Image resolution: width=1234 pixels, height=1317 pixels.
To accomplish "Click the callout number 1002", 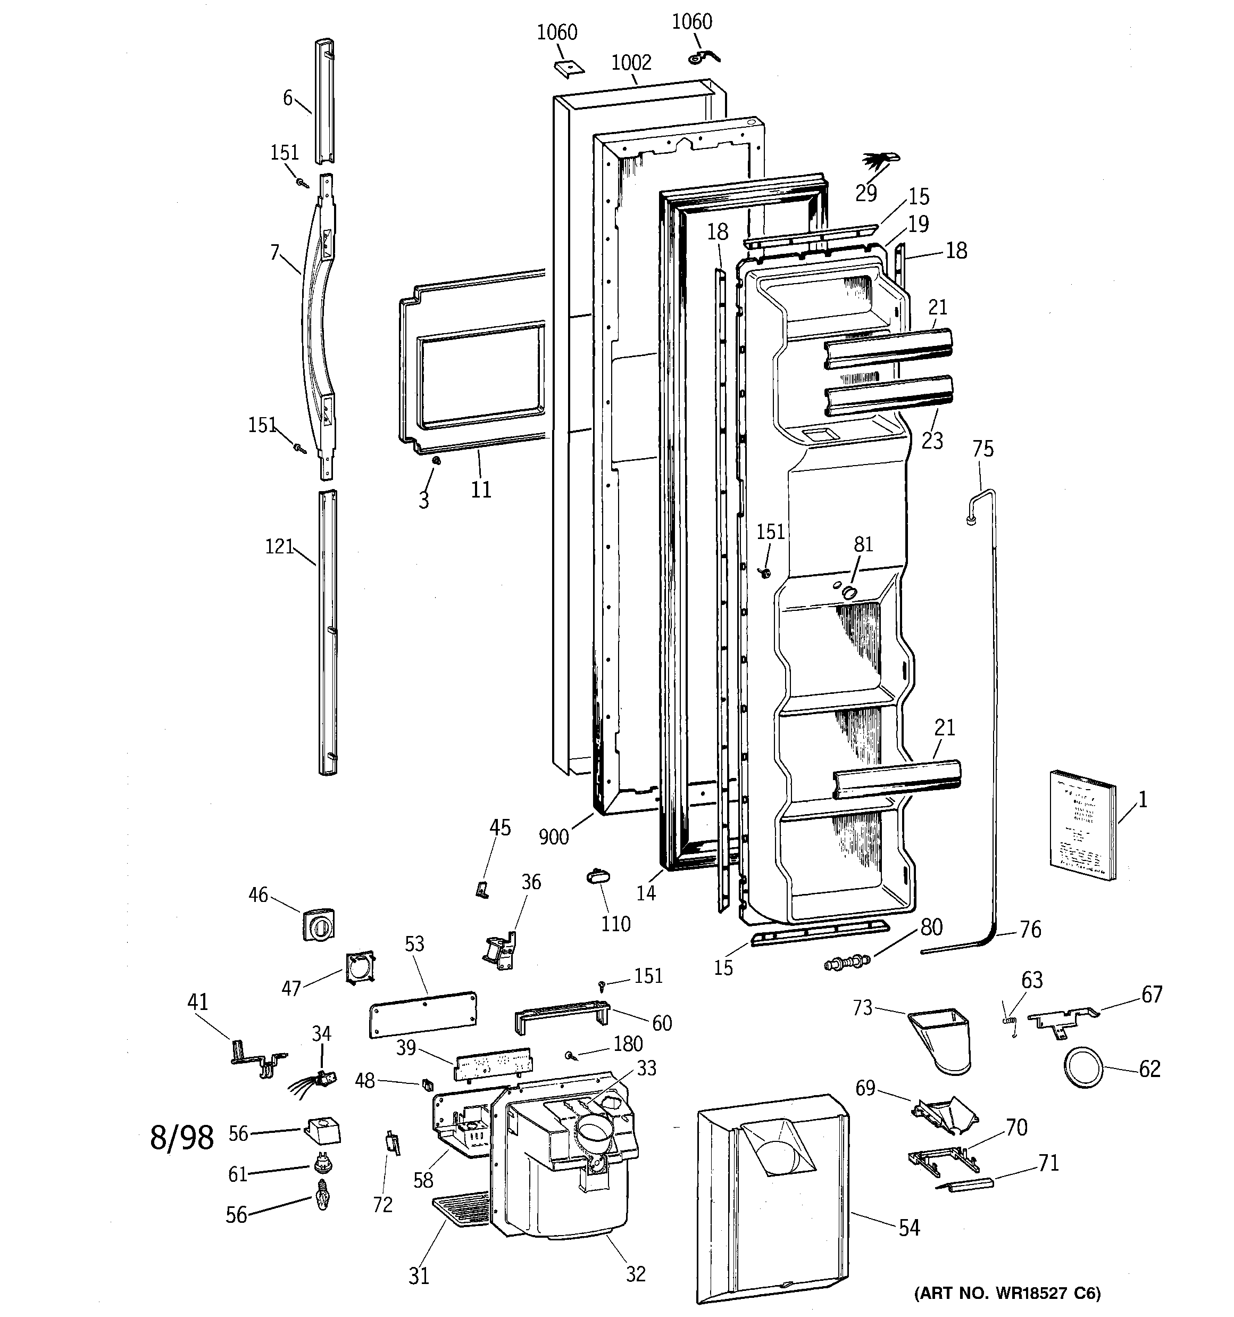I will pyautogui.click(x=631, y=63).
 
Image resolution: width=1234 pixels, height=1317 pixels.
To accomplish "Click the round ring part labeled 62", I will pyautogui.click(x=1083, y=1068).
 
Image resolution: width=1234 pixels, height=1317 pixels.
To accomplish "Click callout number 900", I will pyautogui.click(x=554, y=836).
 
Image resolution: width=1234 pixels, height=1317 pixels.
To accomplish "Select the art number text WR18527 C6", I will pyautogui.click(x=1007, y=1293).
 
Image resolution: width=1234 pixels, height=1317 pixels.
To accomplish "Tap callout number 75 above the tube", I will pyautogui.click(x=983, y=449).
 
